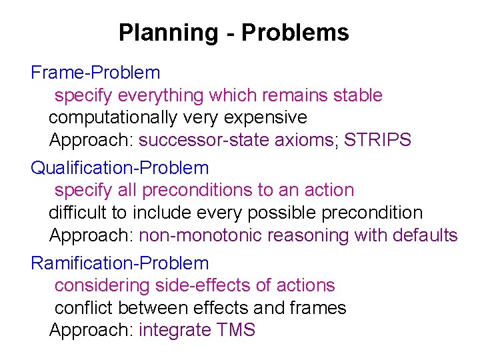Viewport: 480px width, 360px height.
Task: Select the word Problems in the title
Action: point(295,32)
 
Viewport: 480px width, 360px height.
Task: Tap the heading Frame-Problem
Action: point(95,73)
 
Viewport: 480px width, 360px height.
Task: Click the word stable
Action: point(357,96)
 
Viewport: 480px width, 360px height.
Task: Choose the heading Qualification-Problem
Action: point(119,168)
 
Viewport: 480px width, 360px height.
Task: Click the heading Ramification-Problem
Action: point(119,263)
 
